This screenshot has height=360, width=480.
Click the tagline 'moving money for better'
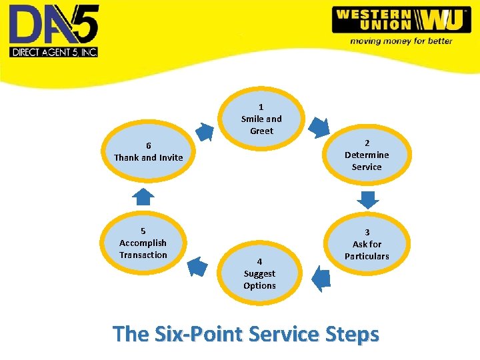pos(401,41)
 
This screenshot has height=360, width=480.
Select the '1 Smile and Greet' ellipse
pos(261,119)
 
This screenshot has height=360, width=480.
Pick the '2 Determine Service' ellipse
pos(366,155)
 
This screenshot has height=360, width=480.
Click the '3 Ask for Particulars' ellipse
pos(366,244)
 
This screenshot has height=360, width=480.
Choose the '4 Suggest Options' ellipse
pos(259,273)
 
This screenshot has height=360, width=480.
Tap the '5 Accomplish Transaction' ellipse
pos(143,243)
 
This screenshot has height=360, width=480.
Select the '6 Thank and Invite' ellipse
pos(148,152)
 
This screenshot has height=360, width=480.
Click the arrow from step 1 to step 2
pos(319,126)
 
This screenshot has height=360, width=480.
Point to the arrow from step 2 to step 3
pos(367,199)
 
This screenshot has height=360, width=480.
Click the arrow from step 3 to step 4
pos(321,277)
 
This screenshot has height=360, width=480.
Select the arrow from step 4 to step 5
pos(197,267)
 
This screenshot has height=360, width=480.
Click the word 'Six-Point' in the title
pos(203,333)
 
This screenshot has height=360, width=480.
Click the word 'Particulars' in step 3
pos(367,256)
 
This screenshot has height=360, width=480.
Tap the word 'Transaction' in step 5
pos(143,255)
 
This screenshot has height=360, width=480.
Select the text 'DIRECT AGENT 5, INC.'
pos(53,51)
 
